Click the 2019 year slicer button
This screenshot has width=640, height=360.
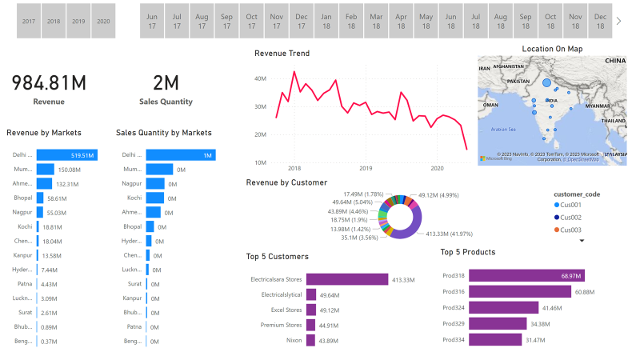point(78,22)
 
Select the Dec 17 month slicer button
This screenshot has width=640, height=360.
point(302,21)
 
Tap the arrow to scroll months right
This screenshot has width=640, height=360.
point(618,21)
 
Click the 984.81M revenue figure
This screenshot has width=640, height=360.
point(49,83)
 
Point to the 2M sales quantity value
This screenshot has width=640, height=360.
point(166,83)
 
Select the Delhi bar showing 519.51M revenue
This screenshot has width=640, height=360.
point(67,155)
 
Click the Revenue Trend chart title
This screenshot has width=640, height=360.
point(282,54)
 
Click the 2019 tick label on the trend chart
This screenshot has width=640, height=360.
point(366,169)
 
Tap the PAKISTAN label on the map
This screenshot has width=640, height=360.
point(518,82)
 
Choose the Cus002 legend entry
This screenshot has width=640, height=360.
point(571,218)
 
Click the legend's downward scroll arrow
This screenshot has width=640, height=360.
point(582,240)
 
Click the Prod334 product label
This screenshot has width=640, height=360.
point(454,339)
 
